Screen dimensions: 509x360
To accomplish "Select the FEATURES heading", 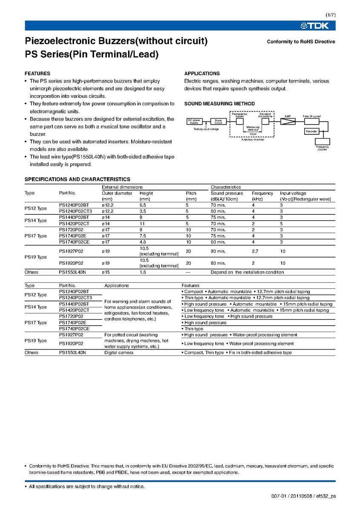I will [37, 74].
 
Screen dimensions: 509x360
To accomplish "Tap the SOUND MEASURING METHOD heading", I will [220, 104].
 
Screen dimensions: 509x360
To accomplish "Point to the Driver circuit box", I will [218, 121].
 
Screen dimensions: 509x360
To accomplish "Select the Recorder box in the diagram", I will [311, 131].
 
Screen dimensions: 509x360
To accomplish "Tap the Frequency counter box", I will [322, 142].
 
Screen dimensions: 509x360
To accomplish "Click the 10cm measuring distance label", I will [253, 134].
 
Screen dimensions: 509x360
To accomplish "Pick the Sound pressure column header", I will [227, 193].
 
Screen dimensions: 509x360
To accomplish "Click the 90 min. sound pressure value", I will [218, 251].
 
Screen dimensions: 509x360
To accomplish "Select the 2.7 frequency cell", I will [256, 251].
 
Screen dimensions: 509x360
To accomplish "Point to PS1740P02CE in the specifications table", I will [74, 242].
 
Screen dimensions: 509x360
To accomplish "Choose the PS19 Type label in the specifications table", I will [36, 257].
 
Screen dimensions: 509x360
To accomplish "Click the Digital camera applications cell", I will [119, 353].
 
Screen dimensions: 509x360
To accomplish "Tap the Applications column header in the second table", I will [117, 286].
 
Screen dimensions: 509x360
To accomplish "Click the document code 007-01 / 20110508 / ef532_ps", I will [303, 497].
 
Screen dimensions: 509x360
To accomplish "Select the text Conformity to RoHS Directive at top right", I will [301, 42].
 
